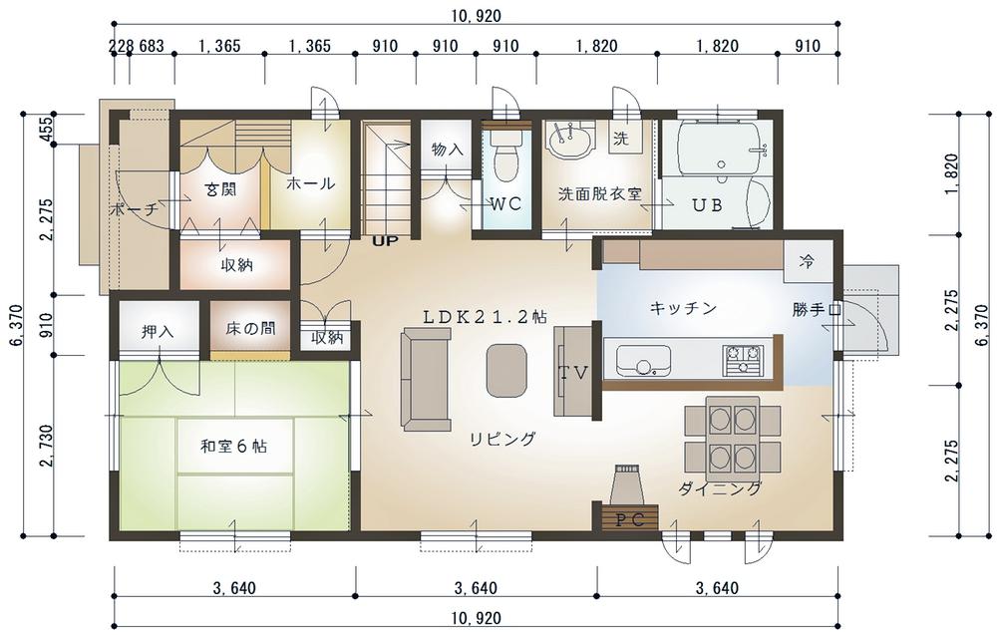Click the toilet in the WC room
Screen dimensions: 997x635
[506, 157]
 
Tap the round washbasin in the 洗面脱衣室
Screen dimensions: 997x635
[570, 140]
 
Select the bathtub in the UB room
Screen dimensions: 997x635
[721, 150]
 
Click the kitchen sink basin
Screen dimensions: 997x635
[643, 362]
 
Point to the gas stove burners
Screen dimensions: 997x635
[742, 359]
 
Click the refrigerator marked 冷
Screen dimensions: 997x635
[808, 261]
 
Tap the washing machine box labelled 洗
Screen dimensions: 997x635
[621, 138]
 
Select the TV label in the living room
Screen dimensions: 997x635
[573, 373]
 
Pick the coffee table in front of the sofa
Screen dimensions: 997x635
[506, 371]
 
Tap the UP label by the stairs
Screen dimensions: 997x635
[385, 241]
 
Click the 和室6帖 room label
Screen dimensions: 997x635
[234, 447]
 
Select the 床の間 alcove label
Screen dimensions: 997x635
[250, 328]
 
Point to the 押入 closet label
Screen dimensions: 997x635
[158, 331]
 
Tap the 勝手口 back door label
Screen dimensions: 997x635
[818, 310]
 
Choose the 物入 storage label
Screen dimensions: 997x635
[448, 150]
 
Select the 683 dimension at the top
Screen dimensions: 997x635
[152, 47]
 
